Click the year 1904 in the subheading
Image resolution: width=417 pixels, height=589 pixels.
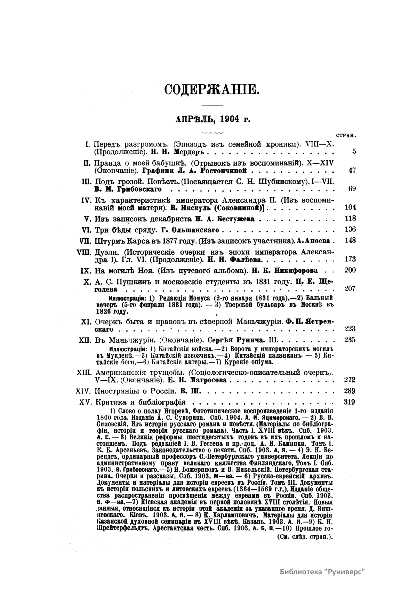pyautogui.click(x=229, y=119)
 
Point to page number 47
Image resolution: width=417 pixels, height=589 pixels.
pyautogui.click(x=352, y=170)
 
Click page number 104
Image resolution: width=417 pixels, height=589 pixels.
pyautogui.click(x=350, y=208)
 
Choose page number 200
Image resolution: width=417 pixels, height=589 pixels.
pyautogui.click(x=350, y=270)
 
